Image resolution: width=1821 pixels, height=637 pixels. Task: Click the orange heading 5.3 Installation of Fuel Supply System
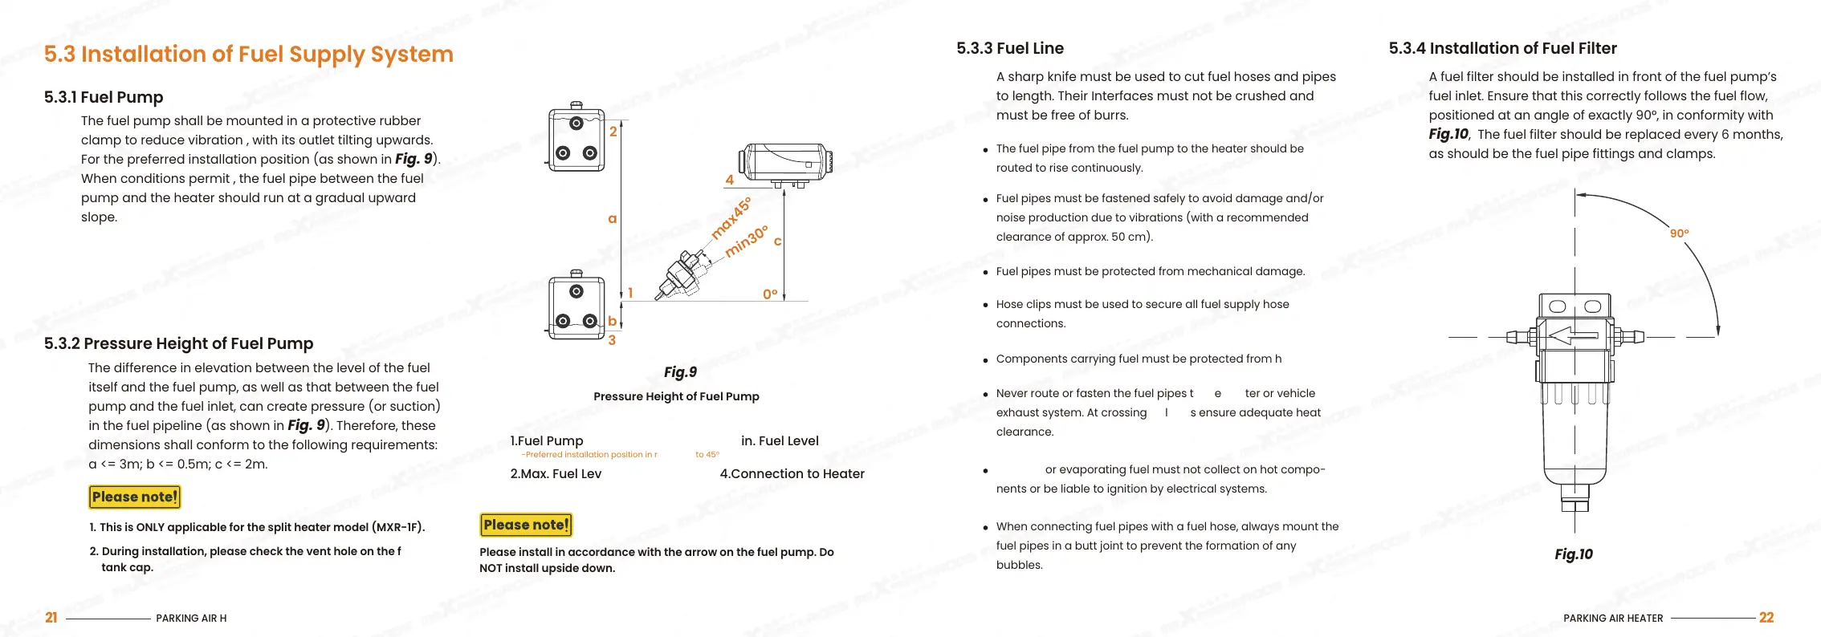pyautogui.click(x=248, y=55)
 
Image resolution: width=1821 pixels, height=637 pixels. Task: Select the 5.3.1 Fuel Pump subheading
pyautogui.click(x=104, y=97)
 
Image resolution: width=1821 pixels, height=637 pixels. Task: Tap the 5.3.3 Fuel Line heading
pyautogui.click(x=1009, y=48)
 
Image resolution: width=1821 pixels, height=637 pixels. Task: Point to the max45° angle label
pyautogui.click(x=731, y=217)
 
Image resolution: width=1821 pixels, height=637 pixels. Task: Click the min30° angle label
pyautogui.click(x=746, y=241)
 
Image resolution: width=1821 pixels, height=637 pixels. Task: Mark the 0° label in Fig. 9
pyautogui.click(x=770, y=294)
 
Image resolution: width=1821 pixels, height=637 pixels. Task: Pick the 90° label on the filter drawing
pyautogui.click(x=1679, y=233)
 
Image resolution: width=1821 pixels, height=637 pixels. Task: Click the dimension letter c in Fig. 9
pyautogui.click(x=777, y=241)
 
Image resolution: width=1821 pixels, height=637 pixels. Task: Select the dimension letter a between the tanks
pyautogui.click(x=612, y=218)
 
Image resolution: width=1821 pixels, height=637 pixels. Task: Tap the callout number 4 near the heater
pyautogui.click(x=729, y=181)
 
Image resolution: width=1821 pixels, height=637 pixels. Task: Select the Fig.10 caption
pyautogui.click(x=1573, y=554)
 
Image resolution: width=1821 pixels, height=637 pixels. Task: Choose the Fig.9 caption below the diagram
pyautogui.click(x=680, y=372)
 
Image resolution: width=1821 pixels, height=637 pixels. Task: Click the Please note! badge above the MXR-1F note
pyautogui.click(x=134, y=497)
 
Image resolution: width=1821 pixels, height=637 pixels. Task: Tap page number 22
pyautogui.click(x=1766, y=618)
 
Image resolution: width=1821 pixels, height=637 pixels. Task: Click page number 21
pyautogui.click(x=51, y=618)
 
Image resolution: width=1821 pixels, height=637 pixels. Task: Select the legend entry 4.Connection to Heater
pyautogui.click(x=792, y=474)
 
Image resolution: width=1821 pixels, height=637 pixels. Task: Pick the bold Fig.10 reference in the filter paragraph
pyautogui.click(x=1448, y=135)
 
